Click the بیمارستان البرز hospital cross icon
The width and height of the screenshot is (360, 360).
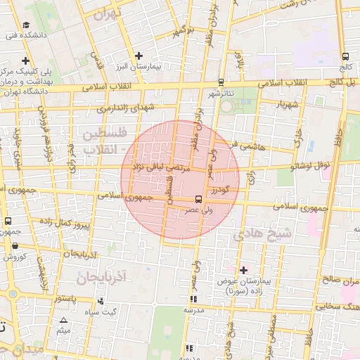[139, 56]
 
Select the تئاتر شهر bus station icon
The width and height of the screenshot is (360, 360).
[221, 82]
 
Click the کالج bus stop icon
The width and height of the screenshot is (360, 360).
[345, 57]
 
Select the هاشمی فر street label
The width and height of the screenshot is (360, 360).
[255, 147]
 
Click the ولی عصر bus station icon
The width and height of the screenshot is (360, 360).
[198, 200]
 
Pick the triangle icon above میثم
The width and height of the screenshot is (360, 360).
[64, 320]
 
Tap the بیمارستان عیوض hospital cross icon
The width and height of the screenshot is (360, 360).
[244, 270]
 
